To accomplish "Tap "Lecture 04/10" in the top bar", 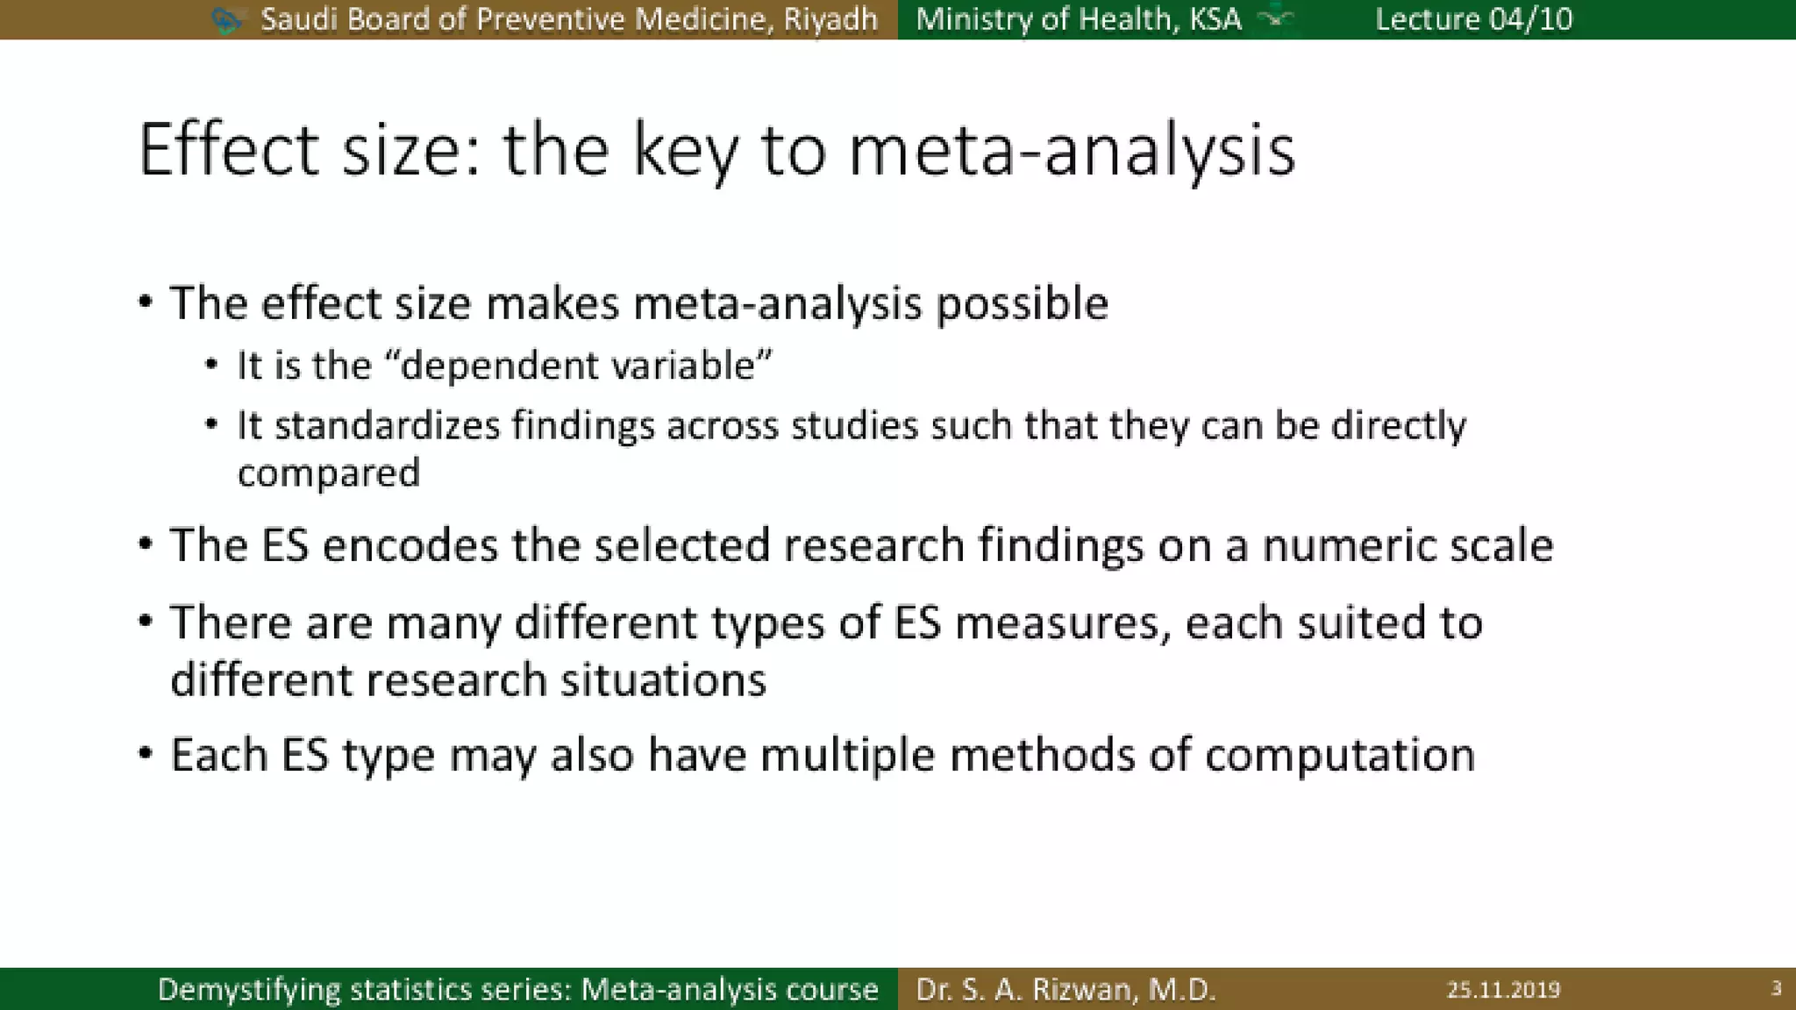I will pos(1473,19).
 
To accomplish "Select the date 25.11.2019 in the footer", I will pos(1503,990).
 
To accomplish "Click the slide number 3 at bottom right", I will pos(1776,989).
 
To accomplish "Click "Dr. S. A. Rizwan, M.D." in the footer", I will pos(1065,990).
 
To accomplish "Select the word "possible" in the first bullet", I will pos(1022,304).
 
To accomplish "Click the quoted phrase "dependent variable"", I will pos(586,366).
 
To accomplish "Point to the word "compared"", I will pos(329,474).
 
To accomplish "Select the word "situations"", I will pos(663,680).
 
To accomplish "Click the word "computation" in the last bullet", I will pos(1339,755).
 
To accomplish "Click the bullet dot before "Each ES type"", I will pos(146,753).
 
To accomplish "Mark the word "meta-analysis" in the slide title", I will pos(1072,152).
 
